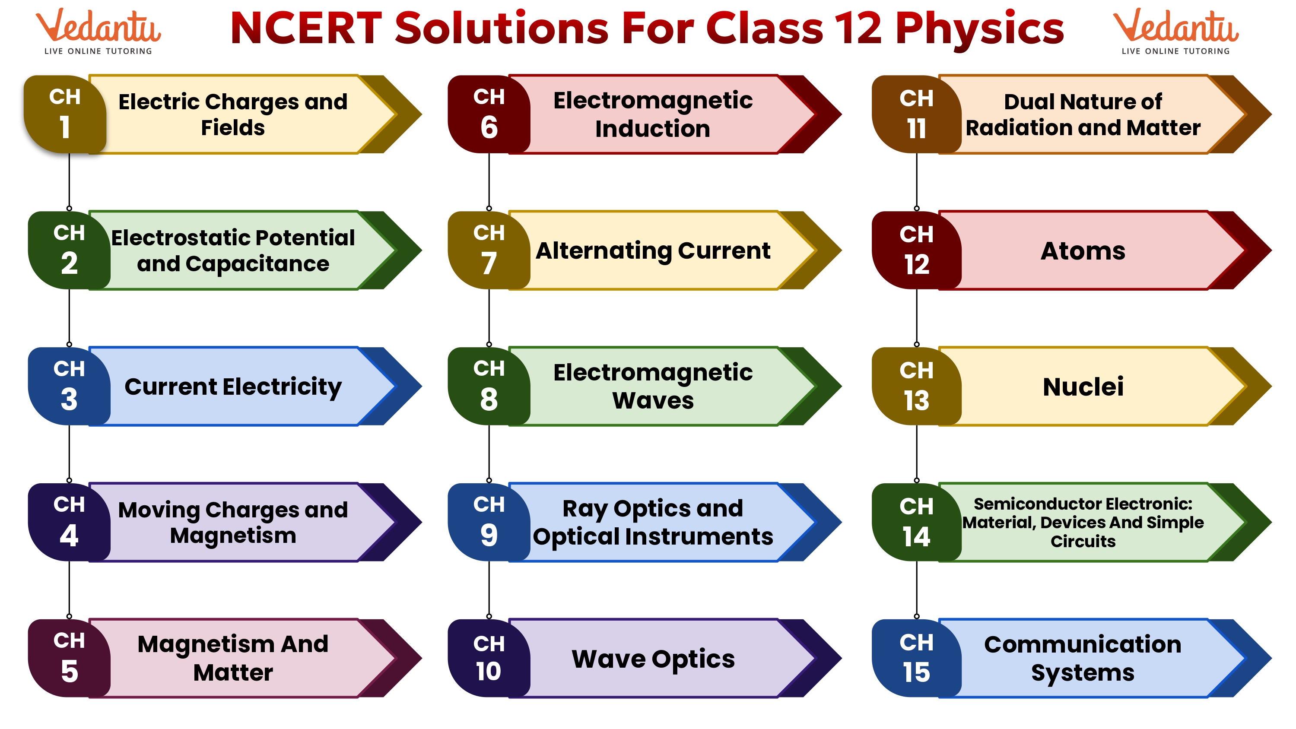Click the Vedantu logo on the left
pyautogui.click(x=98, y=31)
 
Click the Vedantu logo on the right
pyautogui.click(x=1176, y=31)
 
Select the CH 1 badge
pyautogui.click(x=65, y=114)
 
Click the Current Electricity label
pyautogui.click(x=233, y=387)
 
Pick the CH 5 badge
pyautogui.click(x=69, y=658)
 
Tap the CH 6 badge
pyautogui.click(x=489, y=114)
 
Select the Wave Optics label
pyautogui.click(x=653, y=659)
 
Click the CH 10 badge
pyautogui.click(x=489, y=658)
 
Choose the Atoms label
pyautogui.click(x=1083, y=250)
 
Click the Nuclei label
pyautogui.click(x=1083, y=387)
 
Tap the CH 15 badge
pyautogui.click(x=916, y=658)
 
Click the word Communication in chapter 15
pyautogui.click(x=1083, y=644)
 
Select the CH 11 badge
pyautogui.click(x=916, y=114)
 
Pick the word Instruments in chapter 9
pyautogui.click(x=699, y=536)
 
